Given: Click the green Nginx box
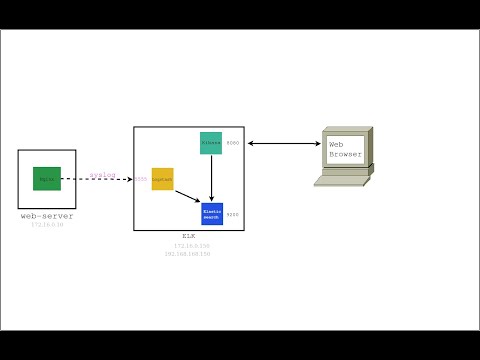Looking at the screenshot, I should pos(47,179).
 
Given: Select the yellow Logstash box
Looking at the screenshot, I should pos(162,179).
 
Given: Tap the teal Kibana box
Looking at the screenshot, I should pos(210,143).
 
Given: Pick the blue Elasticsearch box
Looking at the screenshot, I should pos(212,213).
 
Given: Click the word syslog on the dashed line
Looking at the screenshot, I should pos(103,175).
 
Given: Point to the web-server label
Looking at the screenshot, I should pos(47,216).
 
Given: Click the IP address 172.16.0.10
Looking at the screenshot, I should pos(47,225).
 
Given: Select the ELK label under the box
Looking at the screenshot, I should pos(188,236).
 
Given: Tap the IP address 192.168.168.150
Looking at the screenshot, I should pos(188,254).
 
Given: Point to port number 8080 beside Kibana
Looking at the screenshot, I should pos(233,144).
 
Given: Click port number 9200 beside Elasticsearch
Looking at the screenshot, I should pos(233,214).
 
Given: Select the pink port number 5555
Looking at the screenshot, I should pos(141,179).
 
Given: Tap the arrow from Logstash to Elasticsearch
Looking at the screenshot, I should pos(188,196).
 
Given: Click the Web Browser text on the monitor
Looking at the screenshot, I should pos(342,150).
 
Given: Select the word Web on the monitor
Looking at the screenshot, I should pos(336,145).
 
